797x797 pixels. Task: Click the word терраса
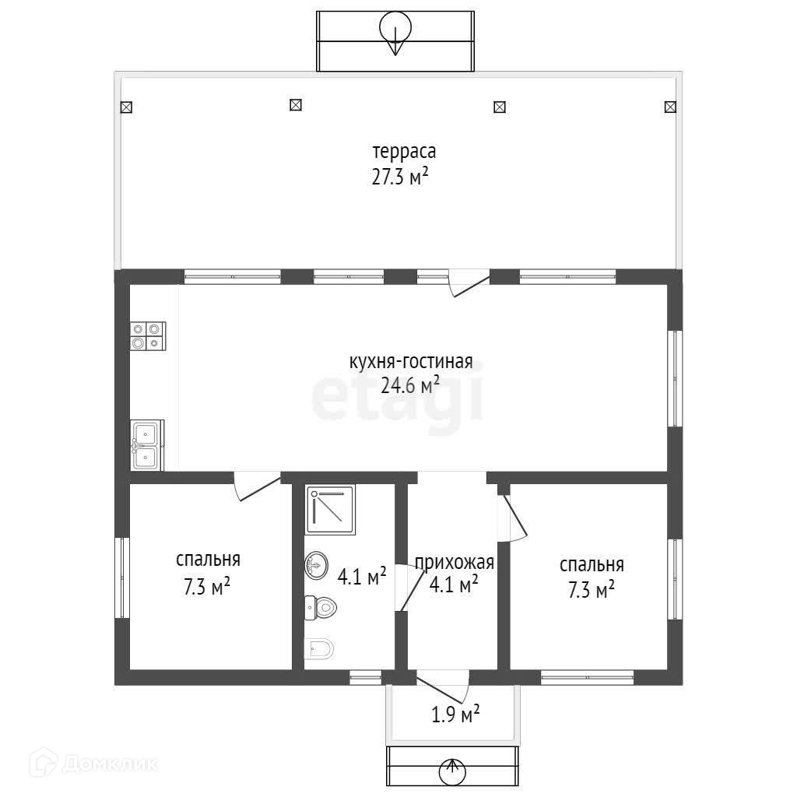(x=404, y=152)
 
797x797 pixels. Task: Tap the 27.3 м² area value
(x=400, y=177)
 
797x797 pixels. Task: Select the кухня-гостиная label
(x=411, y=362)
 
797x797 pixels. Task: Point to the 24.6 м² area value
(x=409, y=385)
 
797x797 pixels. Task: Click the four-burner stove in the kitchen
(x=148, y=336)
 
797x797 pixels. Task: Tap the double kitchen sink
(x=147, y=444)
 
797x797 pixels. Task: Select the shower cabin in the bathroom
(x=330, y=509)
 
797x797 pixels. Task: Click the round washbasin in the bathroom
(x=316, y=565)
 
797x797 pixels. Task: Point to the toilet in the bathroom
(x=321, y=607)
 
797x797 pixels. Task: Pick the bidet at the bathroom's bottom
(x=319, y=648)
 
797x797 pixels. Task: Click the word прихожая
(x=455, y=563)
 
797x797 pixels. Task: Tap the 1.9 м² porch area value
(x=455, y=714)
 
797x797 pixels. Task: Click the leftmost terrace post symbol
(x=126, y=107)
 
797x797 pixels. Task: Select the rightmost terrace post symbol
(x=670, y=107)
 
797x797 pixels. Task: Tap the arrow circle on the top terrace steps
(x=395, y=27)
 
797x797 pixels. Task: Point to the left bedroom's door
(x=257, y=486)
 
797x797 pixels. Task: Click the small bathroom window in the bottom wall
(x=366, y=676)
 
